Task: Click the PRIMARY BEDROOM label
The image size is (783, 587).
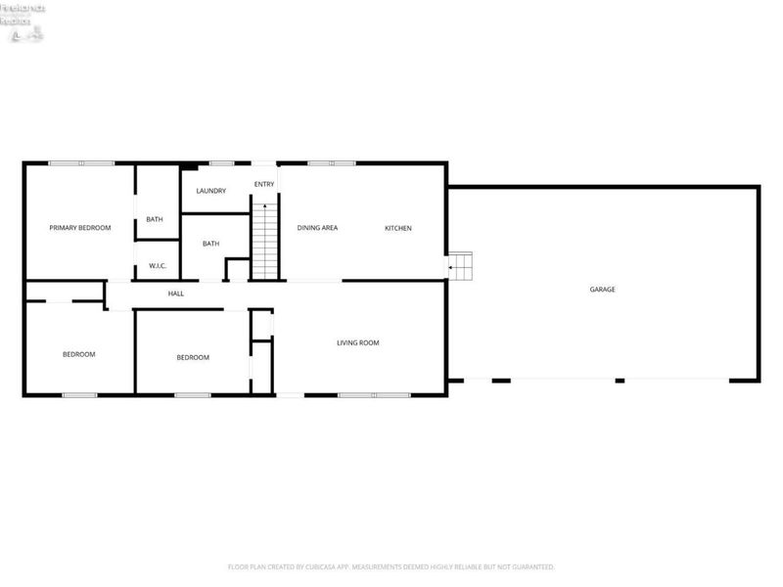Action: point(80,228)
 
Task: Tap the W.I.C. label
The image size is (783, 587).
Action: point(157,266)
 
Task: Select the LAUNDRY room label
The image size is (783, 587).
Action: point(211,191)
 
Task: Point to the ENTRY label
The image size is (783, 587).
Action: point(264,185)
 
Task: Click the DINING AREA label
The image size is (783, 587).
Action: point(317,228)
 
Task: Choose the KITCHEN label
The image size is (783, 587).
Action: point(397,228)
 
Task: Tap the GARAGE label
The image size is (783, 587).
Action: point(602,290)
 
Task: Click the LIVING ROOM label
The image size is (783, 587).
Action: point(357,342)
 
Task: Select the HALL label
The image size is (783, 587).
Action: point(176,293)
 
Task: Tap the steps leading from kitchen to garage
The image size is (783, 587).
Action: point(461,265)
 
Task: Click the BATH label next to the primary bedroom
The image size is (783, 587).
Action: point(155,219)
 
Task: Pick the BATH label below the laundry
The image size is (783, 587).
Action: point(210,244)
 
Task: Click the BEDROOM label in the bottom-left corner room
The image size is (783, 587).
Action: point(78,354)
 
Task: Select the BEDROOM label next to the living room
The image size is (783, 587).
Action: point(193,357)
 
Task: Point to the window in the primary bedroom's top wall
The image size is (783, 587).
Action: point(82,162)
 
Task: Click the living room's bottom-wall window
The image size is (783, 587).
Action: point(374,395)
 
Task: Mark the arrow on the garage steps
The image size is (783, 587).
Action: point(452,265)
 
